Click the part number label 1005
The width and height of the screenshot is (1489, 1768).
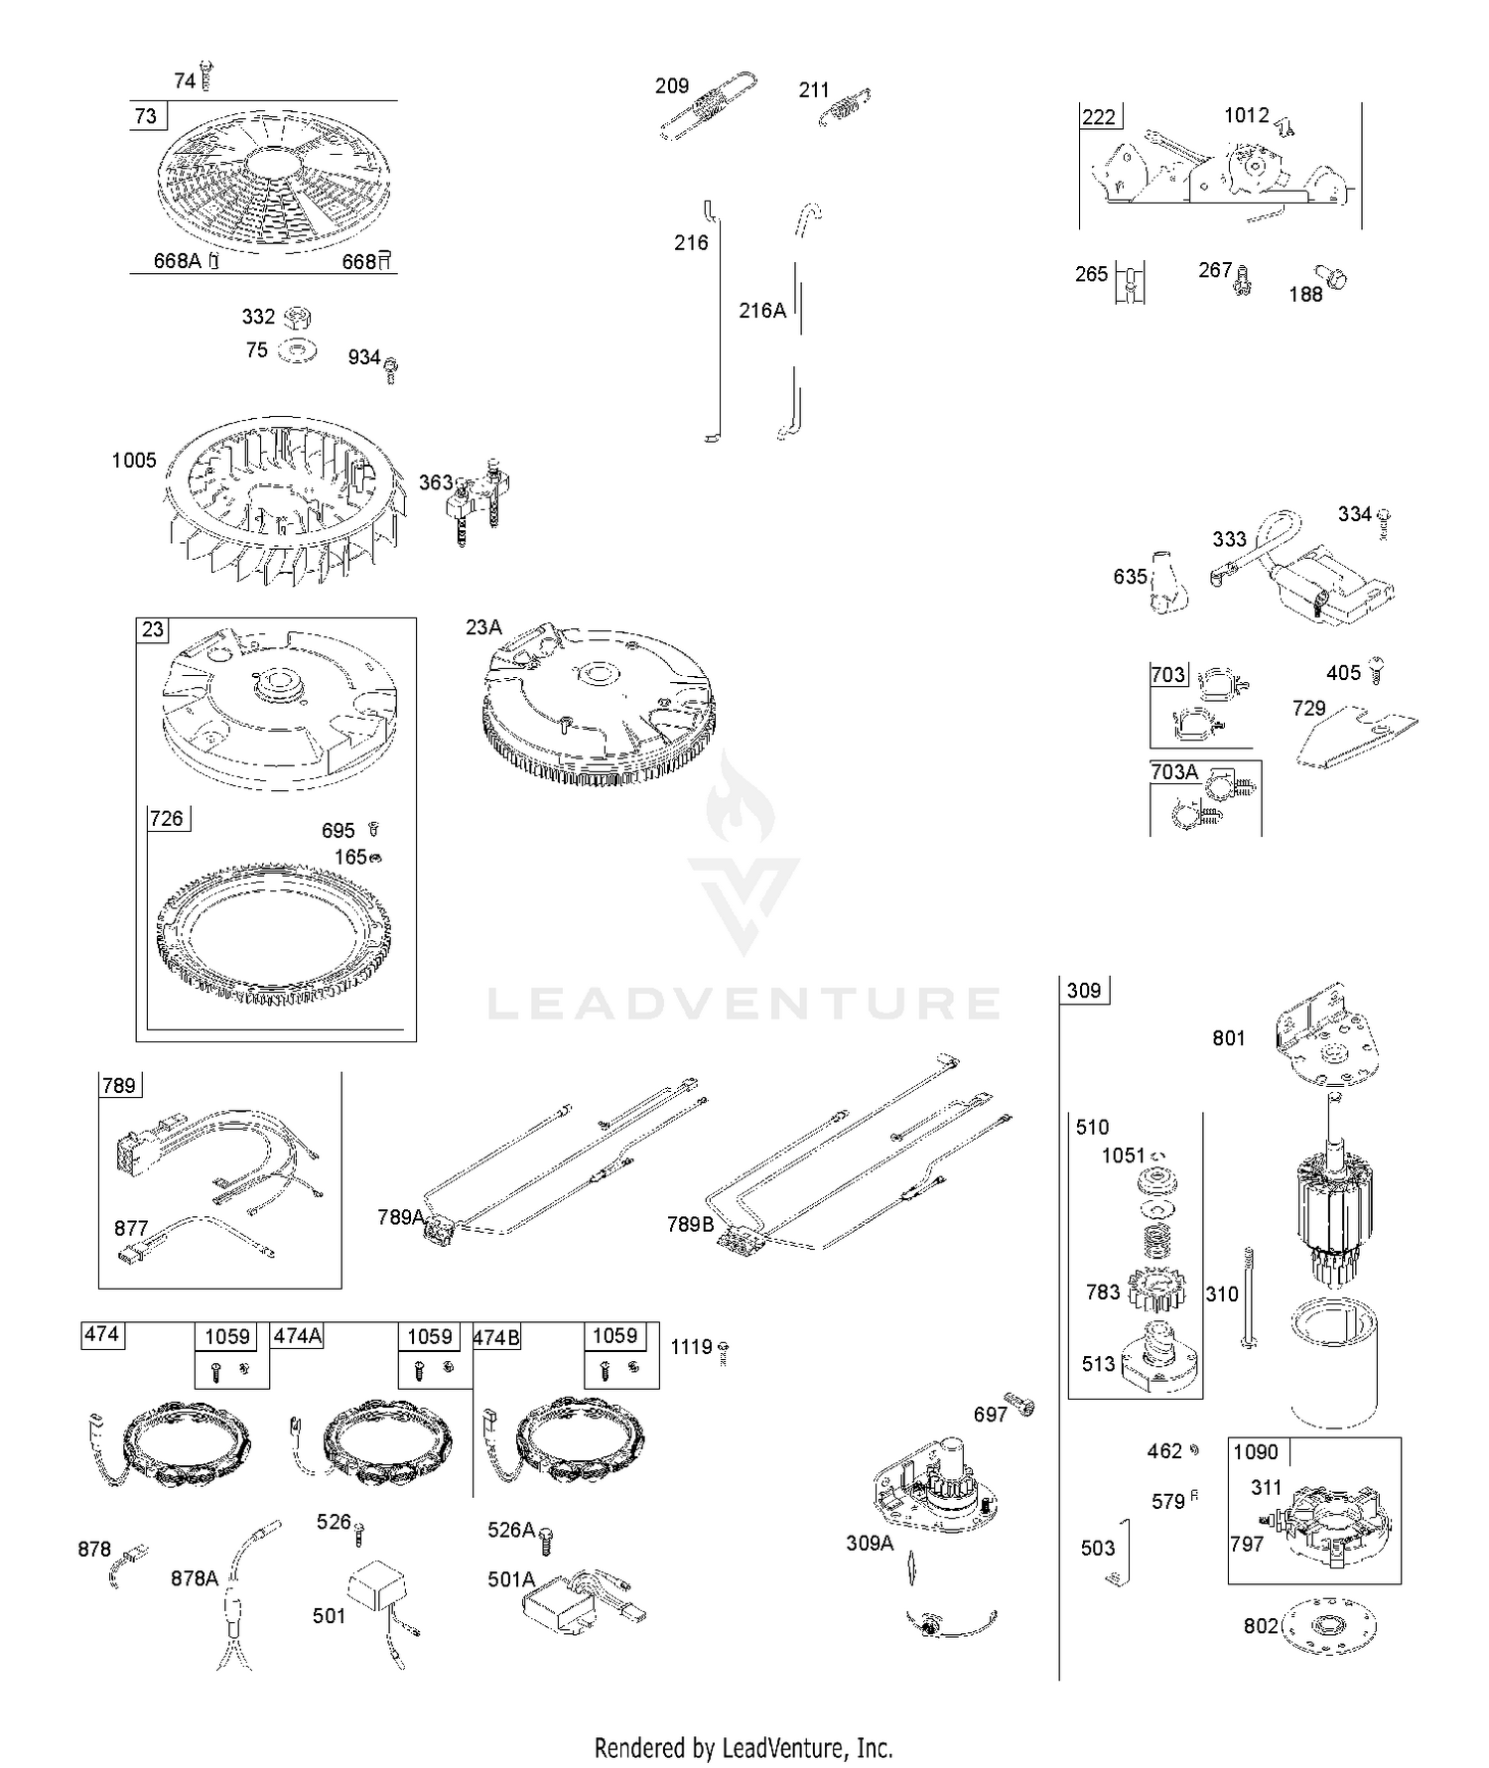(134, 461)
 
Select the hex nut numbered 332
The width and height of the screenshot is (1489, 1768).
(297, 318)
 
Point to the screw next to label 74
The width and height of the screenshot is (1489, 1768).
(206, 76)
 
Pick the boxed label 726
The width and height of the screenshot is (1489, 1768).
(167, 818)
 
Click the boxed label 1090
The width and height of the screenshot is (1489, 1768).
(1256, 1452)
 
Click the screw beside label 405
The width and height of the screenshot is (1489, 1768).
(1376, 670)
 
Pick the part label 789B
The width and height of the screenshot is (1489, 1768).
(691, 1224)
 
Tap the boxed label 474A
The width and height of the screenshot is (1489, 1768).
(298, 1336)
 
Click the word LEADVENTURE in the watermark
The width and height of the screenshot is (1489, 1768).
(744, 1004)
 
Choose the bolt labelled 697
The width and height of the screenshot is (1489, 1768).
(1019, 1405)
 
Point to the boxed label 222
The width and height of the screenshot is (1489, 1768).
(1099, 117)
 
